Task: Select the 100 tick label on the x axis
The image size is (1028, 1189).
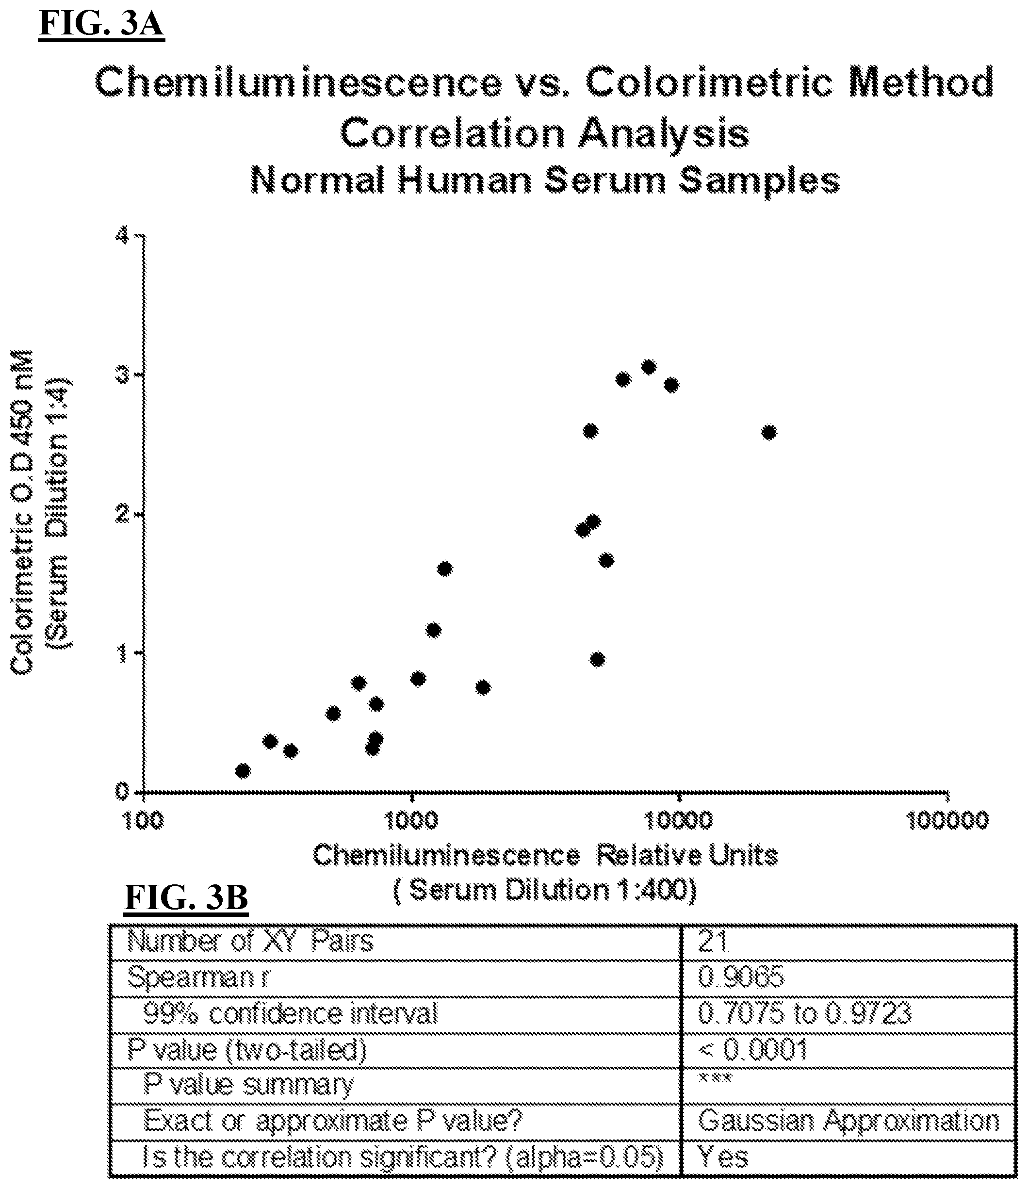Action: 143,821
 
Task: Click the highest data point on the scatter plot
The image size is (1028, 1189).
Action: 649,367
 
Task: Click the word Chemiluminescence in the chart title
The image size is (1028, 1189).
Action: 298,82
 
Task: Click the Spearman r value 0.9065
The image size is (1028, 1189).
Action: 740,977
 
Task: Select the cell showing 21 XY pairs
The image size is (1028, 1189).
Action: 713,942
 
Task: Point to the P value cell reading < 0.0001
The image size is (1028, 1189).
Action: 752,1050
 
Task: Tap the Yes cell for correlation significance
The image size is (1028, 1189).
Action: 723,1157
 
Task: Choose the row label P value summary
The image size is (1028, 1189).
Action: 248,1085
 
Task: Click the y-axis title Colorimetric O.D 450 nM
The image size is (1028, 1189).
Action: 22,512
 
